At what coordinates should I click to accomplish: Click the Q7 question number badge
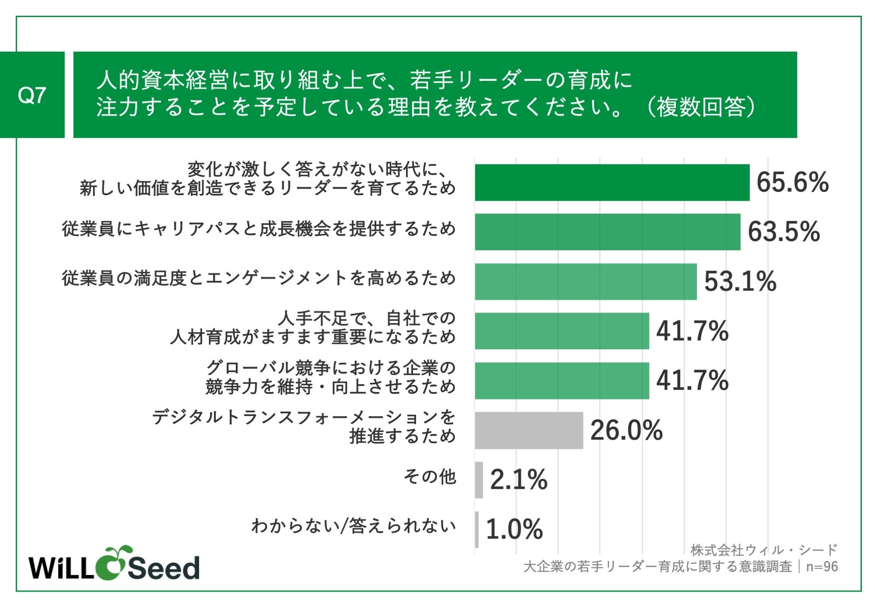[32, 95]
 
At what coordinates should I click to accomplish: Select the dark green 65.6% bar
[612, 182]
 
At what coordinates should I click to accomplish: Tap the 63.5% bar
[608, 232]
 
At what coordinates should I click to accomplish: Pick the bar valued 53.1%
[586, 281]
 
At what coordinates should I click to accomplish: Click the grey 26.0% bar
[529, 430]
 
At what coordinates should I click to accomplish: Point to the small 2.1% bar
[479, 480]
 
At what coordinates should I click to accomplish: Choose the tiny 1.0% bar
[477, 529]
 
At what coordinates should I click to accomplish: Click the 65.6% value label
[792, 182]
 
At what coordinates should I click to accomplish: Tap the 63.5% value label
[784, 232]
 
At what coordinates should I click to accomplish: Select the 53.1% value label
[740, 281]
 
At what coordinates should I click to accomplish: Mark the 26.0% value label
[626, 430]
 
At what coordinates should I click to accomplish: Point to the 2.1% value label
[518, 480]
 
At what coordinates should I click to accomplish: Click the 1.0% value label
[514, 529]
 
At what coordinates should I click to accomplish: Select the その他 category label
[430, 476]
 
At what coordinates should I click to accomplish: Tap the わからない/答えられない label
[353, 525]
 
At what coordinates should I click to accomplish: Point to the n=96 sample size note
[822, 567]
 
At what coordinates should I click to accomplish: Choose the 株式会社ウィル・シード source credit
[764, 550]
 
